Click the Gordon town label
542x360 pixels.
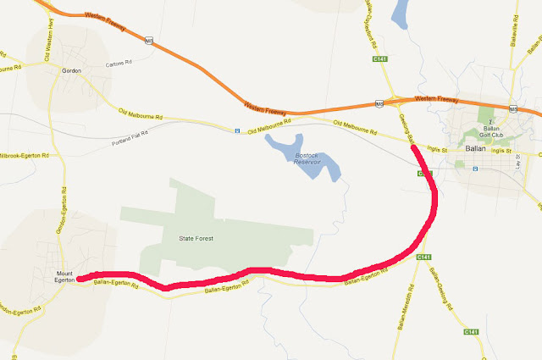71,71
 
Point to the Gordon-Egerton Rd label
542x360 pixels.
61,220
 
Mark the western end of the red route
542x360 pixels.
80,278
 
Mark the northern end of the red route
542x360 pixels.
413,147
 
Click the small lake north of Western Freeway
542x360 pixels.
401,14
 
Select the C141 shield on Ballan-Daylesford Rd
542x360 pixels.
379,60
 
